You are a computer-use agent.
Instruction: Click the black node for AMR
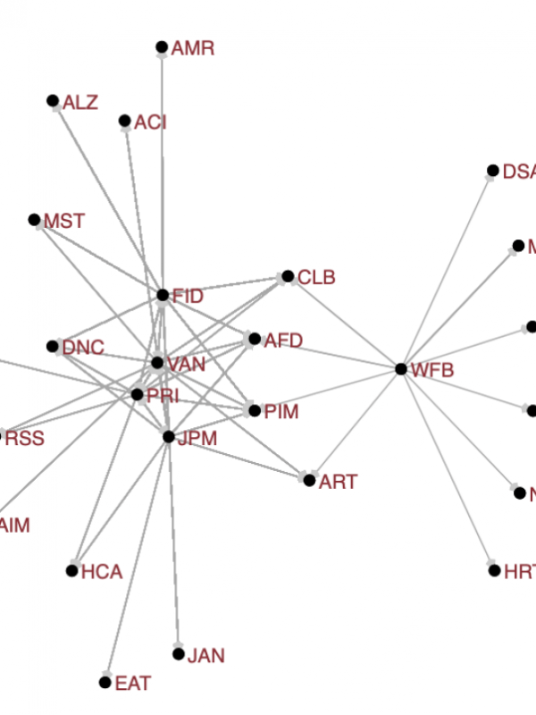point(162,47)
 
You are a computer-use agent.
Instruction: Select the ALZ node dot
point(53,101)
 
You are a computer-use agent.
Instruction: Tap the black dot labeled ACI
point(125,121)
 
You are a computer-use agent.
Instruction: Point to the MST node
point(34,220)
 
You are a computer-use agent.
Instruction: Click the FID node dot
point(163,295)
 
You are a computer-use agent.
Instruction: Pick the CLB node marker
point(288,277)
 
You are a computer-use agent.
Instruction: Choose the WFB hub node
point(401,368)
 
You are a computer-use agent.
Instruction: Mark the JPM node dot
point(169,436)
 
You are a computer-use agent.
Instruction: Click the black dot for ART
point(309,481)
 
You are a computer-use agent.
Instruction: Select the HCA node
point(71,570)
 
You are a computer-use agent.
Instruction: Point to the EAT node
point(105,683)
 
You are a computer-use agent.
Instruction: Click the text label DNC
point(83,348)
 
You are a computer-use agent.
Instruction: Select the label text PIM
point(281,412)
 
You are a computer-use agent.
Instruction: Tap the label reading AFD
point(283,341)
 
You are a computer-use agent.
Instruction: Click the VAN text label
point(186,364)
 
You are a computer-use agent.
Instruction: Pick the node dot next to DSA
point(492,171)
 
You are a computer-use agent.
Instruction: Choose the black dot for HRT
point(495,570)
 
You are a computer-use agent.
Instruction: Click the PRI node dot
point(137,394)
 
